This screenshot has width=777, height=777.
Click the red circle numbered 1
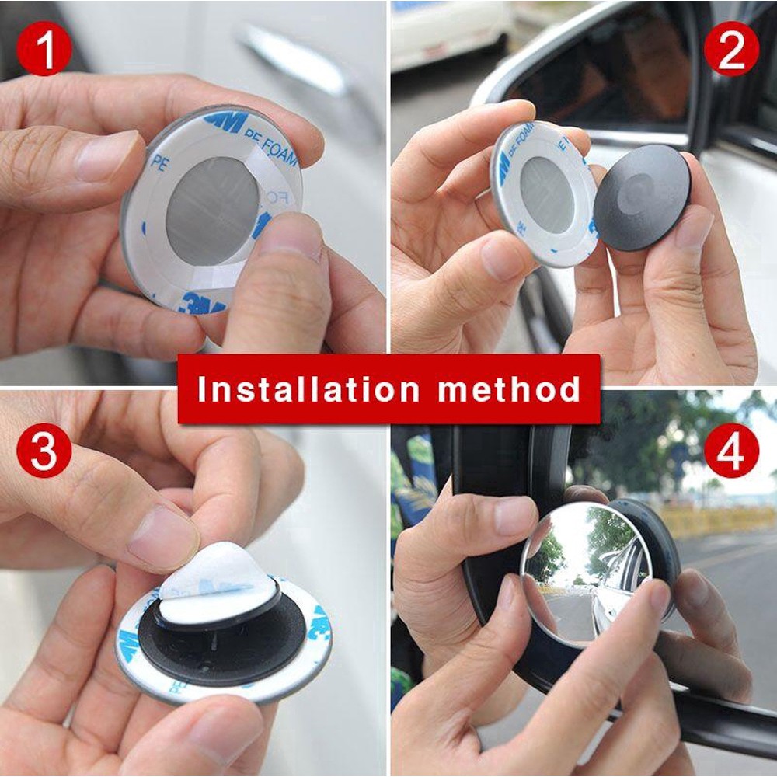44,49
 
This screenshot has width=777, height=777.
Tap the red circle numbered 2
731,49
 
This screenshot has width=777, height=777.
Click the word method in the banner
509,388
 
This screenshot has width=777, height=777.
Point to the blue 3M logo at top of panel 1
225,120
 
